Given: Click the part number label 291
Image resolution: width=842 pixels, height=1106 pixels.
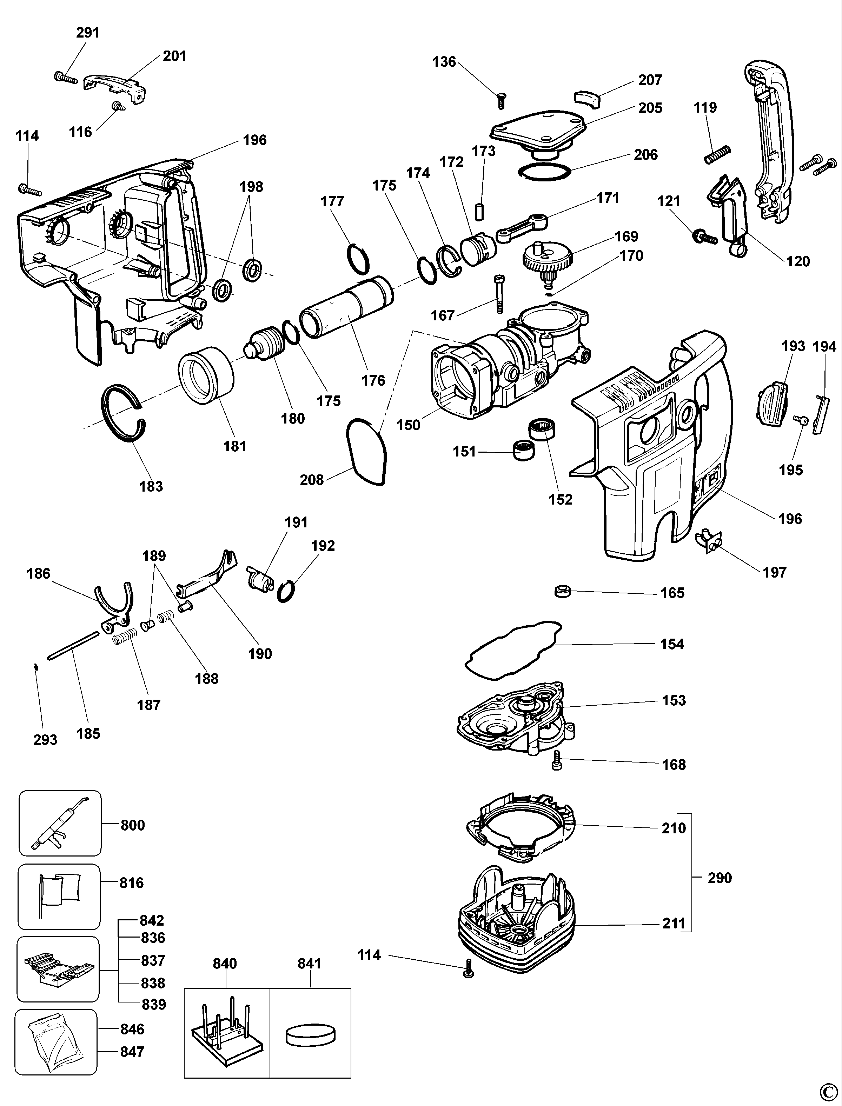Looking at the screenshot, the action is click(88, 33).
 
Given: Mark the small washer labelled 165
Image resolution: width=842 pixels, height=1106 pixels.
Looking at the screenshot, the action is click(563, 591).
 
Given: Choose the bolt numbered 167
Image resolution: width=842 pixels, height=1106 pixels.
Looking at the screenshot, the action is click(499, 294).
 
